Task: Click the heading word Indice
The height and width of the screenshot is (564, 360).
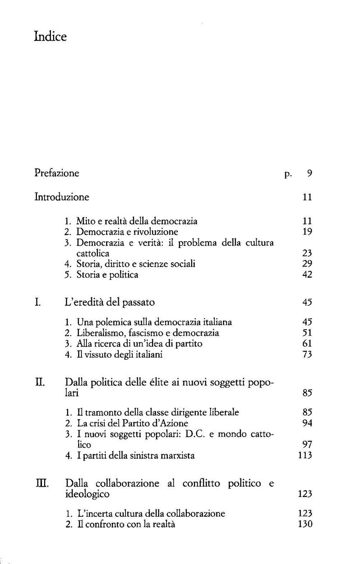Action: click(x=50, y=36)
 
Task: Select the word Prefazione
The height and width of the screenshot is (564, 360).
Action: click(x=57, y=173)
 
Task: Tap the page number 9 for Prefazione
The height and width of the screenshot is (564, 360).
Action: click(x=309, y=173)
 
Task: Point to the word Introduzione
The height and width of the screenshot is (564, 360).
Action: click(x=62, y=197)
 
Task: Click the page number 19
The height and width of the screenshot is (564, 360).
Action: click(x=307, y=232)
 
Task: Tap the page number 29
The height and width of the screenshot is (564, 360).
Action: click(x=307, y=264)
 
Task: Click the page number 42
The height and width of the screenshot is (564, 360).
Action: click(x=307, y=275)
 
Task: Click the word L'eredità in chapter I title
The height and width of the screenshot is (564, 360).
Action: click(x=85, y=303)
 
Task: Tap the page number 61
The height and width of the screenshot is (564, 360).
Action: click(x=307, y=344)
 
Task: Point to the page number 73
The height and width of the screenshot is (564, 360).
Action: click(x=307, y=355)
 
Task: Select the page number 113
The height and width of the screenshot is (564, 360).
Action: click(x=305, y=456)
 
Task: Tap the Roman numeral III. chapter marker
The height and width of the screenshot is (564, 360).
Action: click(x=41, y=484)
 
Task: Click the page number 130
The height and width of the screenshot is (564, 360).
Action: click(x=305, y=524)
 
